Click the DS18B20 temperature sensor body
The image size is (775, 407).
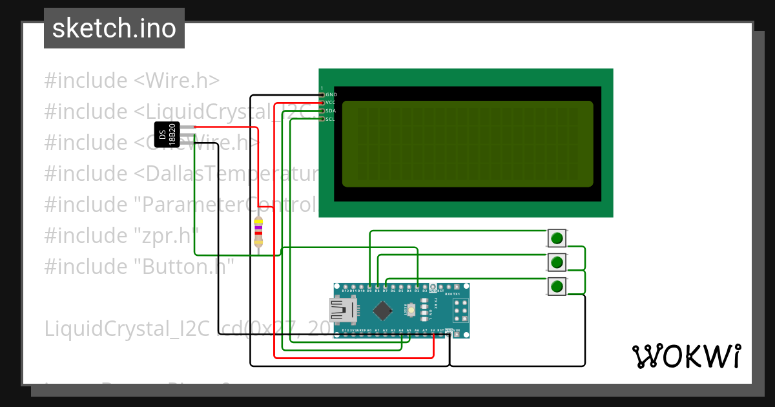click(x=167, y=134)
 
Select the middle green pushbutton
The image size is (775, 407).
click(x=557, y=262)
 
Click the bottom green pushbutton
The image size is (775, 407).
click(x=557, y=286)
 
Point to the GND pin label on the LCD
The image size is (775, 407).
click(x=331, y=94)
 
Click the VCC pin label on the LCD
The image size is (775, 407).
click(x=331, y=103)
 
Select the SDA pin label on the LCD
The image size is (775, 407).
click(x=331, y=111)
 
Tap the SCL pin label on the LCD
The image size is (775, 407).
click(x=331, y=120)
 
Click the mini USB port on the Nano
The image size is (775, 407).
click(x=342, y=310)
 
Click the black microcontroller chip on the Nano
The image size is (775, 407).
click(x=382, y=311)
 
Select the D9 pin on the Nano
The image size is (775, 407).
click(x=369, y=287)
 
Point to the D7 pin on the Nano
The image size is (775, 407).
click(x=386, y=287)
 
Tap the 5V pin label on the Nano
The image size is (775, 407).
click(x=433, y=330)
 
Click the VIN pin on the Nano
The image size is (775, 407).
click(x=457, y=334)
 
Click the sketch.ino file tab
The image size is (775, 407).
click(x=114, y=28)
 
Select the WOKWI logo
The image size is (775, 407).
click(x=686, y=356)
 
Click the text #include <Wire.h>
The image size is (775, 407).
click(x=132, y=81)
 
